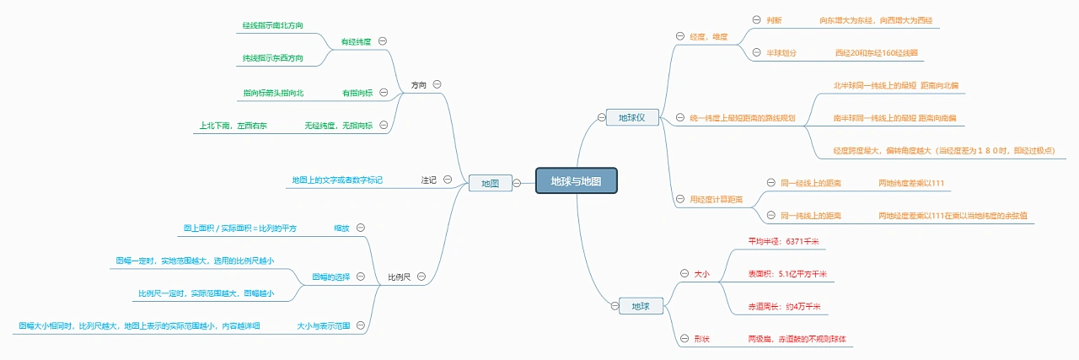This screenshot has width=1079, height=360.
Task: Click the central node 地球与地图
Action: coord(577,181)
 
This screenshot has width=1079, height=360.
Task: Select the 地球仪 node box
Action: coord(631,117)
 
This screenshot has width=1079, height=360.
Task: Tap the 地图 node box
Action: coord(490,183)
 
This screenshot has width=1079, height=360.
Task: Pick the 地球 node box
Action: coord(640,306)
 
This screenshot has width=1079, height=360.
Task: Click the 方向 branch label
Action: coord(419,85)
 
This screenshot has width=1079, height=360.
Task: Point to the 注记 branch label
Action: coord(429,180)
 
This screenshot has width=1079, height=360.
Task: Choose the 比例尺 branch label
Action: coord(400,277)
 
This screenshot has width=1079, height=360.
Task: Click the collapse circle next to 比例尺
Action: coord(421,277)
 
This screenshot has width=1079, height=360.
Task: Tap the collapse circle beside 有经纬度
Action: coord(383,40)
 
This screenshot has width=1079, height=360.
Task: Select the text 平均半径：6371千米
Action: coord(783,241)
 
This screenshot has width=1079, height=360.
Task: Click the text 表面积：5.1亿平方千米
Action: coord(786,274)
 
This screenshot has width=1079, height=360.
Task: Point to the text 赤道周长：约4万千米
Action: coord(784,307)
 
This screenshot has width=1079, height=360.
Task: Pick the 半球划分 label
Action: coord(781,52)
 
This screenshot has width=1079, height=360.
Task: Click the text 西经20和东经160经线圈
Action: coord(876,52)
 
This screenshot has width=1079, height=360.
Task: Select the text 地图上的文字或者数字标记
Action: coord(337,180)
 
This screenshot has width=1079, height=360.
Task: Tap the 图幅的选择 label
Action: coord(331,277)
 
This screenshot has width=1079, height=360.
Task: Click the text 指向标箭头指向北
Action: coord(273,93)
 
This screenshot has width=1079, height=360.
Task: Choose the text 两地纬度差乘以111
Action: coord(910,182)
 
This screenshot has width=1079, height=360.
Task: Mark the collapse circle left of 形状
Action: coord(684,339)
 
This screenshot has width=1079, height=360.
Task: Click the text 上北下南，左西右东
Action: coord(234,126)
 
